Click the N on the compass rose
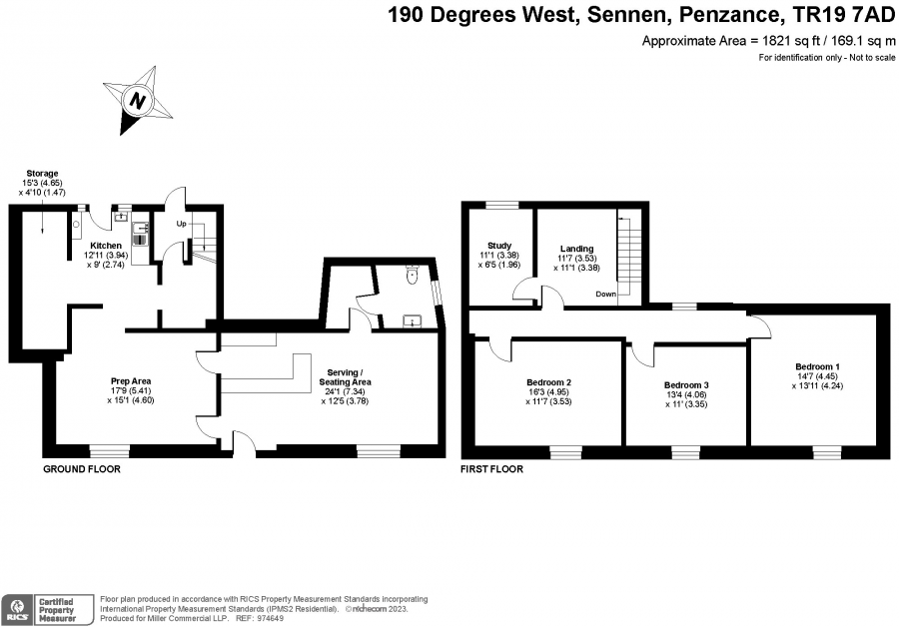(137, 101)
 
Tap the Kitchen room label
(106, 246)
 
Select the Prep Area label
(131, 380)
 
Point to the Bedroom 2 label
(548, 382)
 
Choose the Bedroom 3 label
(686, 384)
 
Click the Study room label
(499, 246)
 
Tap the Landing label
(576, 249)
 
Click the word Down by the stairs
(605, 294)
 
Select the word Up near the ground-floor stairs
(181, 224)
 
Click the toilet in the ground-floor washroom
(413, 276)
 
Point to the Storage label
(42, 173)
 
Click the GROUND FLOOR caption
(82, 469)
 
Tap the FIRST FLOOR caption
(491, 469)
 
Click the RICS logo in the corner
(17, 610)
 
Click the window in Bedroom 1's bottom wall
(827, 452)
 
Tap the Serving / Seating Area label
(346, 377)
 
